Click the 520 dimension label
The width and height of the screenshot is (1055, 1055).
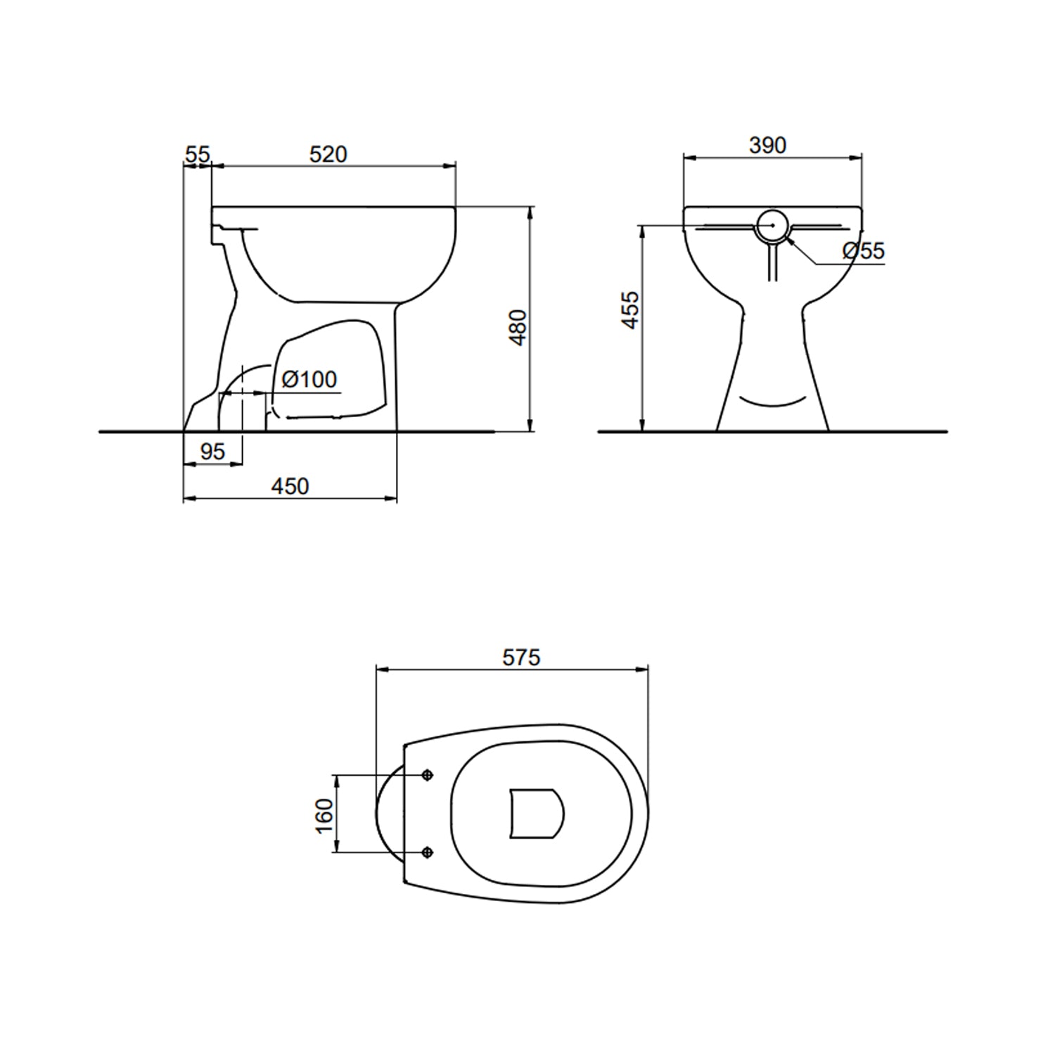[328, 154]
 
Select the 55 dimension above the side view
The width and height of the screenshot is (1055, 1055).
[198, 154]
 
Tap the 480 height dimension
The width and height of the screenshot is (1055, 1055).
[518, 327]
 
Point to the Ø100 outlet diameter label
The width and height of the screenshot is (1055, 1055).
[309, 379]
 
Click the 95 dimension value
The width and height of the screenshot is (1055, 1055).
[212, 452]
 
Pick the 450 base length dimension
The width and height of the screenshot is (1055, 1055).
[290, 486]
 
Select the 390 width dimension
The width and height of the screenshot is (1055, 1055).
[767, 145]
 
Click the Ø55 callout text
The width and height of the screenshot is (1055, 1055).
[863, 250]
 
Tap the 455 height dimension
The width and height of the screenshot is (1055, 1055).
[631, 309]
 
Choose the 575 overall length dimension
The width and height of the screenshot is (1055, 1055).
[521, 657]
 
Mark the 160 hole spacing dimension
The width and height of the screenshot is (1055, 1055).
[324, 815]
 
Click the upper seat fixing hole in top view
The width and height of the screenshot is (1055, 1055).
[428, 775]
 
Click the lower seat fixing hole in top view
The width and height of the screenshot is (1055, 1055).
[428, 852]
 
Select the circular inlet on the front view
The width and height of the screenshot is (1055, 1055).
[773, 225]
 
